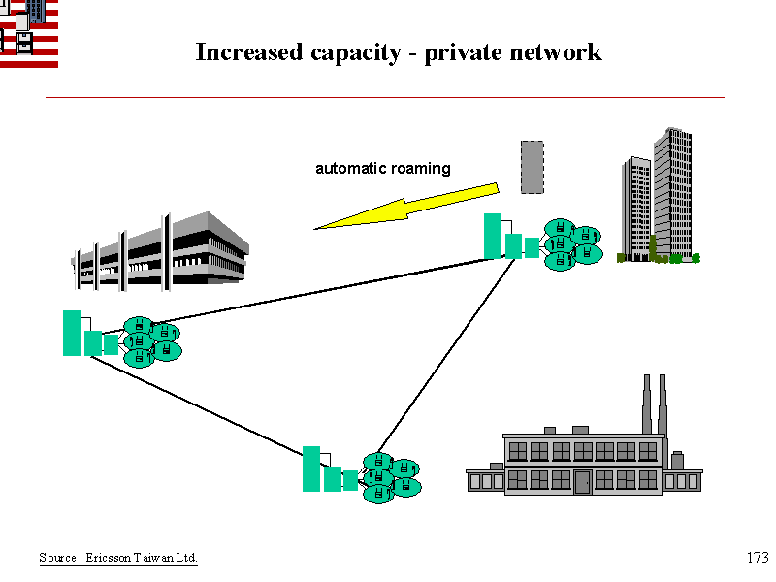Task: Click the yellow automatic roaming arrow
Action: point(407,209)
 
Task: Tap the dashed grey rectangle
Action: point(532,166)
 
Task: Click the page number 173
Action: point(758,558)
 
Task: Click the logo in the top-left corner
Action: point(28,33)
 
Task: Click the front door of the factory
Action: point(582,481)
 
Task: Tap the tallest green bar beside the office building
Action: point(72,333)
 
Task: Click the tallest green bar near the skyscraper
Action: point(493,236)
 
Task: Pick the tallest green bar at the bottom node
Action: point(311,469)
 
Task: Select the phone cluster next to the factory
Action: point(391,476)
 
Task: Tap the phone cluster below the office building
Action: point(151,340)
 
